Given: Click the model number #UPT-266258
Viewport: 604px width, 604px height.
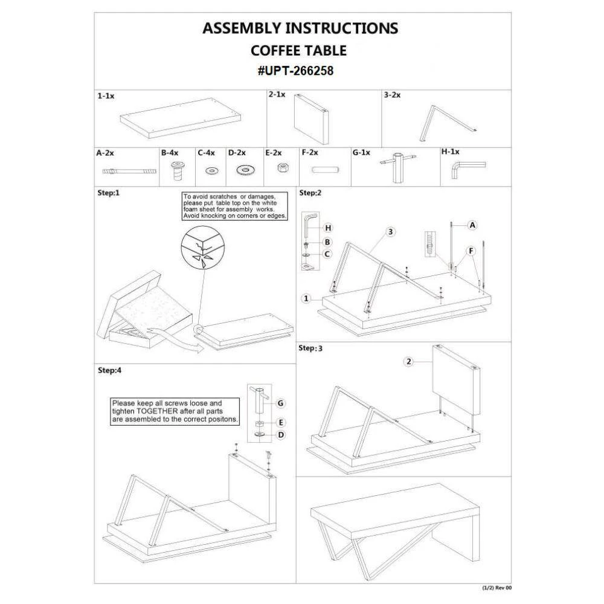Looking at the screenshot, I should point(295,71).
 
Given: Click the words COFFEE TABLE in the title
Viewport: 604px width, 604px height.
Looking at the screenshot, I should point(298,50).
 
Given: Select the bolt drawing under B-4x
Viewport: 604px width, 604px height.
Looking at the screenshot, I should point(176,171).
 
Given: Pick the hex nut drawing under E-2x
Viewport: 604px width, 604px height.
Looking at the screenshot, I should point(281,169).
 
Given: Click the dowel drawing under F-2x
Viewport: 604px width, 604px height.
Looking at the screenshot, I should point(324,170).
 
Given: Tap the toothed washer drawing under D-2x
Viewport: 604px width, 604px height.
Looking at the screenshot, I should point(245,170).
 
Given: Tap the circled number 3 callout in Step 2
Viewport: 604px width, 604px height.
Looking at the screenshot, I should point(391,232).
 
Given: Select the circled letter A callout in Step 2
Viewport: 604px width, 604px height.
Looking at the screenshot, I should point(473,225).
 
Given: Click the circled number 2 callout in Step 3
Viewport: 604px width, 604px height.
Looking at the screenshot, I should point(409,362).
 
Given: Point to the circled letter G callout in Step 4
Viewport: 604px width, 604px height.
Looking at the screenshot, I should point(280,402).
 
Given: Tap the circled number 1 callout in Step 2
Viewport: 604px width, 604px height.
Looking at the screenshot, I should point(307,298).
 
